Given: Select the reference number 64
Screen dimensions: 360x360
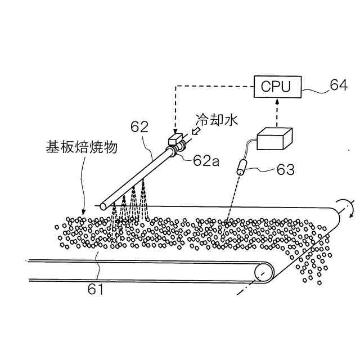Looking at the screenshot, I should (x=339, y=85).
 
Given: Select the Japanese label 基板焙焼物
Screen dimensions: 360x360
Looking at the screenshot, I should (x=81, y=147).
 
